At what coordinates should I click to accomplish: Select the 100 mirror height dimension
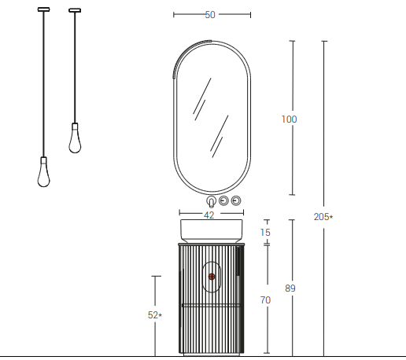click(x=289, y=119)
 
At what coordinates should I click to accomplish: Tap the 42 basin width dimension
click(x=209, y=214)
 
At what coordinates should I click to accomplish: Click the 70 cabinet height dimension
click(x=265, y=300)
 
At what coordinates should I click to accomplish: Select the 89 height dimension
click(x=290, y=289)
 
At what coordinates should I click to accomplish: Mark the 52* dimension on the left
click(x=154, y=315)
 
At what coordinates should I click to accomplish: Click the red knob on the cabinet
click(x=212, y=276)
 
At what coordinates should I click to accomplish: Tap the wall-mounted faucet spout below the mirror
click(x=211, y=201)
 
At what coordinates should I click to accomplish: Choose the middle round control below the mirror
click(x=223, y=200)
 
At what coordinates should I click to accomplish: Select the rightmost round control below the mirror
click(x=235, y=200)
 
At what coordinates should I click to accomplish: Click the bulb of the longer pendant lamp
click(x=45, y=174)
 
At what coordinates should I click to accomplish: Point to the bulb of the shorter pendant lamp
click(x=76, y=140)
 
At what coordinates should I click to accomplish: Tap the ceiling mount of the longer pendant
click(x=44, y=10)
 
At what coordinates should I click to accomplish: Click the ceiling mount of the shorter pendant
click(x=75, y=10)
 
